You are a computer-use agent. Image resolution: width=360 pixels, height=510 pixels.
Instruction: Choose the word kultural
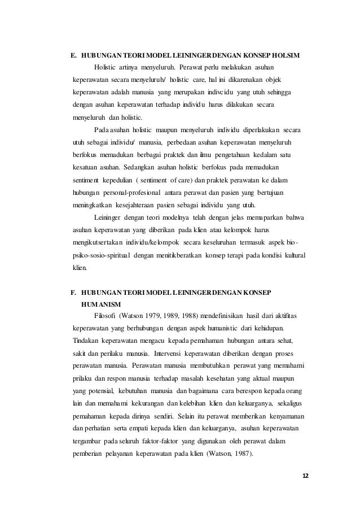point(293,255)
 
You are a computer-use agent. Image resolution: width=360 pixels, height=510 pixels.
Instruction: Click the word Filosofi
point(106,316)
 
